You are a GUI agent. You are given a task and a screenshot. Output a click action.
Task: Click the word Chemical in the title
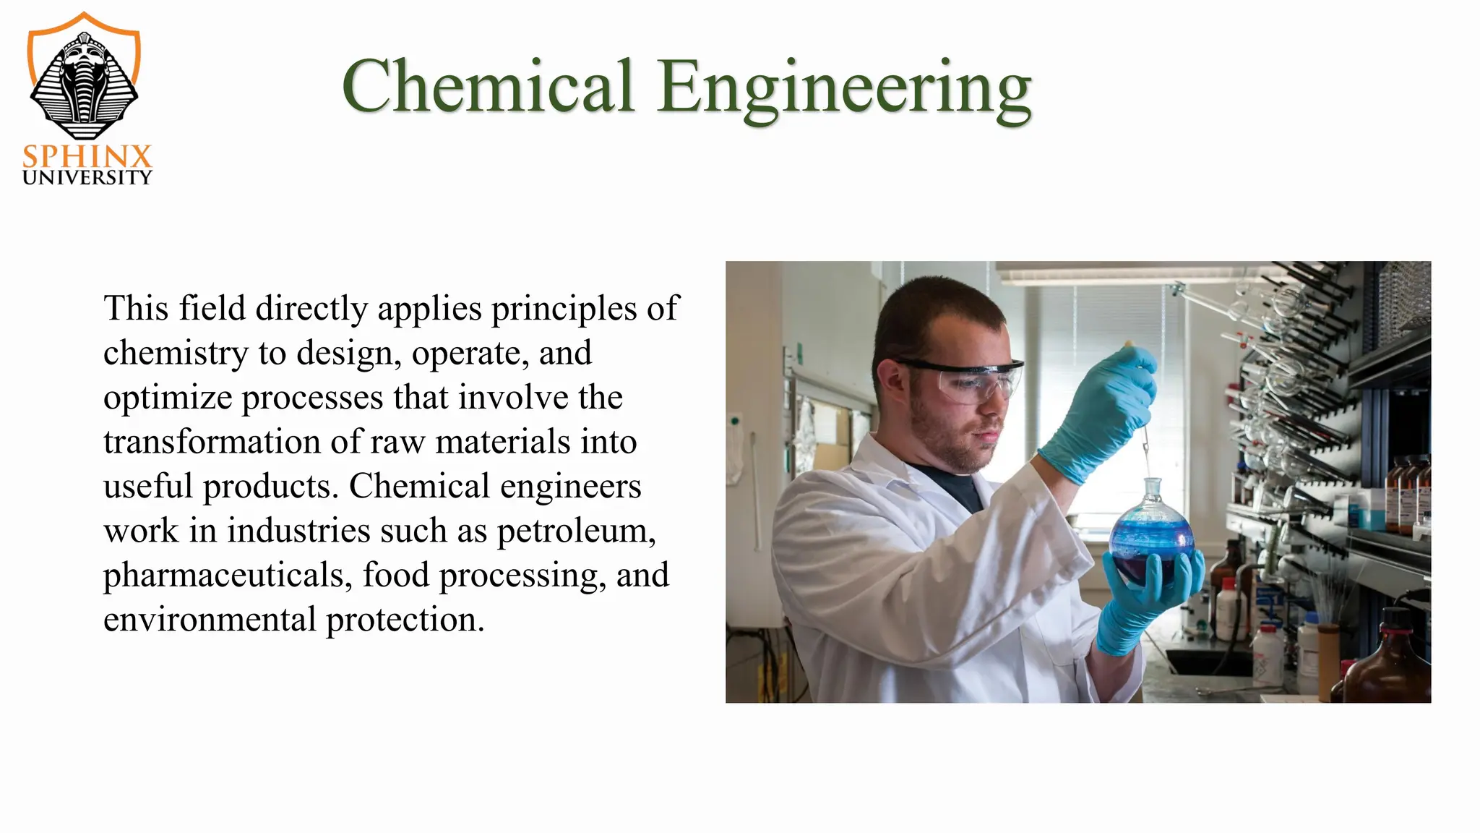tap(489, 86)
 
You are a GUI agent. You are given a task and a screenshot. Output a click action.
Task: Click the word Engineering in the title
tap(844, 88)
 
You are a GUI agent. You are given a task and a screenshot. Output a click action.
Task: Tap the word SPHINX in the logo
tap(87, 157)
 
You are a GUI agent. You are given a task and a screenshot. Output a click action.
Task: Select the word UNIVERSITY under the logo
tap(87, 178)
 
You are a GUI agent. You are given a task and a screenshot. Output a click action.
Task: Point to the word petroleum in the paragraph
tap(576, 531)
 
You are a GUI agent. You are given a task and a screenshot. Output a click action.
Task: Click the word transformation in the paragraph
tap(212, 443)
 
